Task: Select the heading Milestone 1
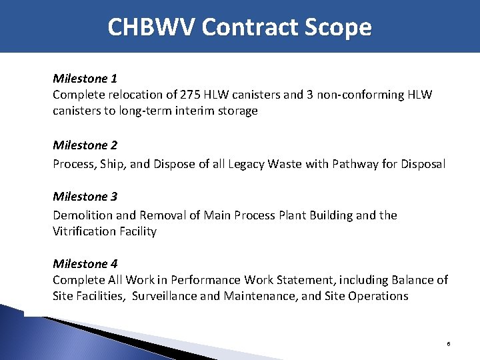coord(85,79)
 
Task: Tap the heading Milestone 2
coord(85,145)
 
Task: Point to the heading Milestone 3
coord(85,197)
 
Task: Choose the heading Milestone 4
coord(85,263)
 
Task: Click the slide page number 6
coord(449,344)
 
